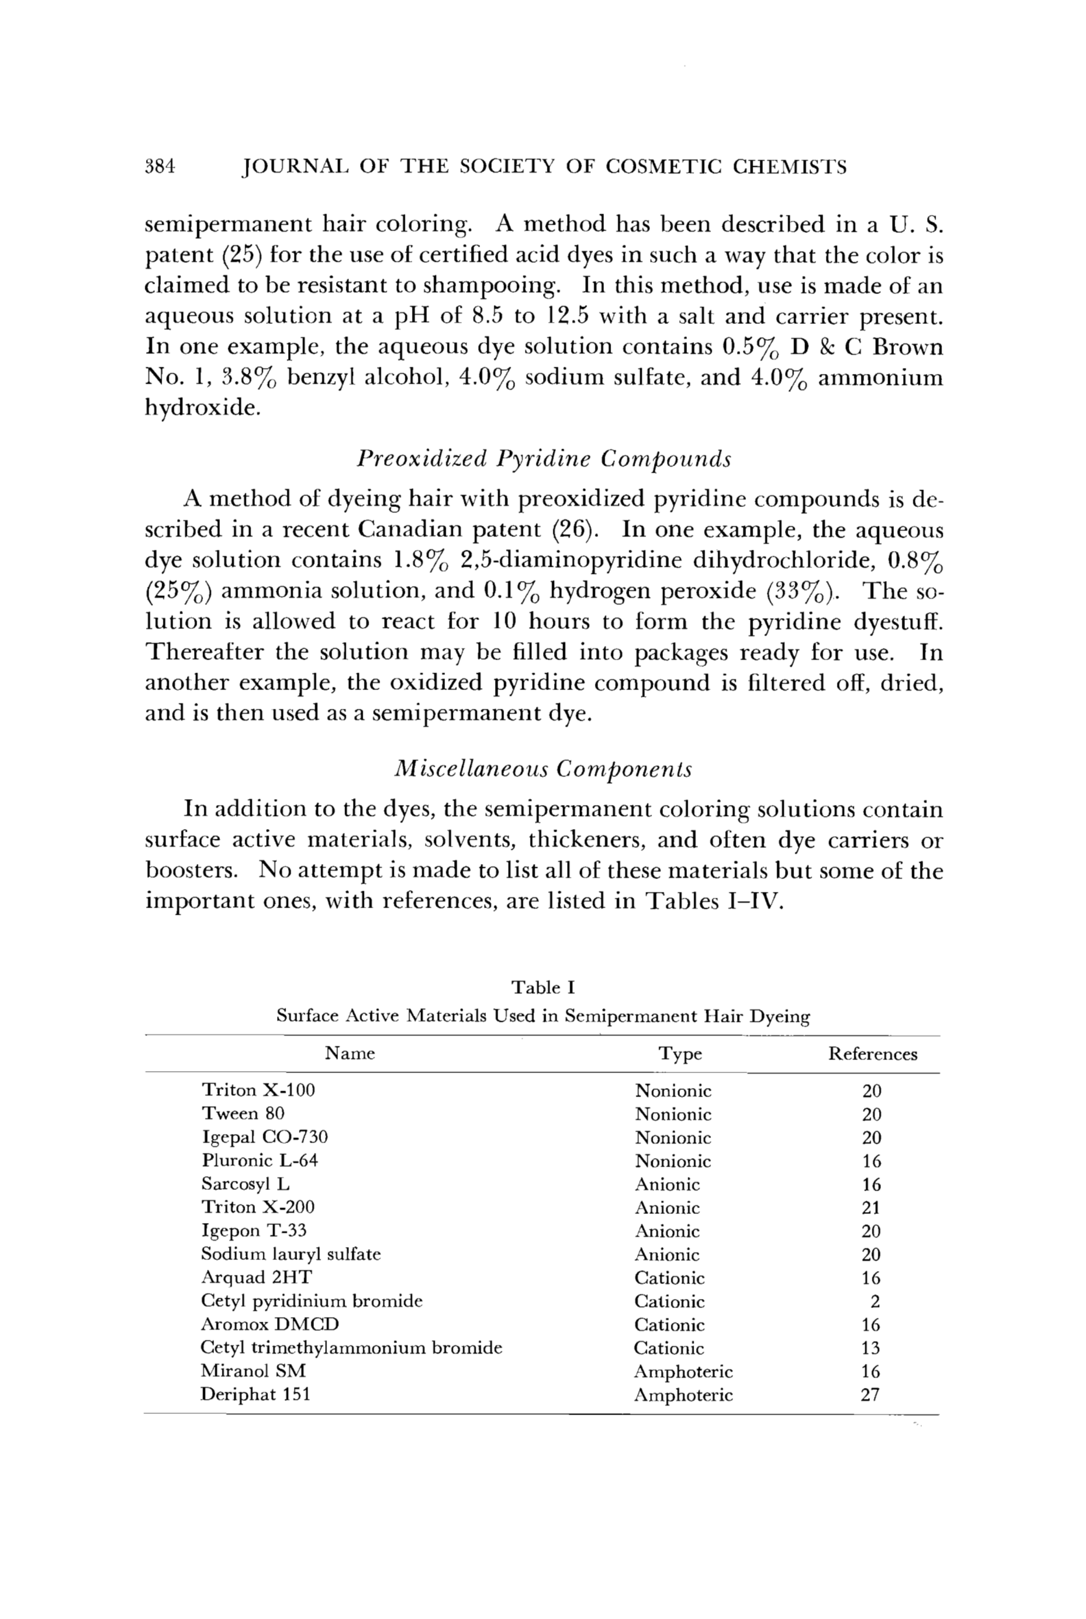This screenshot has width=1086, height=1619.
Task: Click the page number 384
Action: pyautogui.click(x=160, y=167)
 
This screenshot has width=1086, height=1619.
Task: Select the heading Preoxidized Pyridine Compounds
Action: pyautogui.click(x=544, y=459)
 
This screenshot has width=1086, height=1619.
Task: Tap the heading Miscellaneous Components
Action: pyautogui.click(x=544, y=769)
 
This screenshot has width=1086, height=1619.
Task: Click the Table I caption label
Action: pyautogui.click(x=544, y=987)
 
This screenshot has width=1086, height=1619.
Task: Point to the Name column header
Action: pyautogui.click(x=350, y=1054)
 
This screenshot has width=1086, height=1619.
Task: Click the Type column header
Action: pyautogui.click(x=680, y=1054)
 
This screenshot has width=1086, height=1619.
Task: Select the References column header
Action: pyautogui.click(x=873, y=1054)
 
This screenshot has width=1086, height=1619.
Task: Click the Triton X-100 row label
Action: pyautogui.click(x=258, y=1090)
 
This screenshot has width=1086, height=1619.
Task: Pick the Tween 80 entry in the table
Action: pyautogui.click(x=243, y=1114)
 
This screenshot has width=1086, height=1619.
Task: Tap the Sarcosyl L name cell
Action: pyautogui.click(x=246, y=1184)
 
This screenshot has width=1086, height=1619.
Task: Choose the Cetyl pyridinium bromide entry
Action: pyautogui.click(x=311, y=1301)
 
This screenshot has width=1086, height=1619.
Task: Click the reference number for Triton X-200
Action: pyautogui.click(x=871, y=1208)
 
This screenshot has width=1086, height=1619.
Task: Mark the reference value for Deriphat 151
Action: pyautogui.click(x=871, y=1395)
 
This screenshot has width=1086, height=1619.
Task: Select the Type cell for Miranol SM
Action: pyautogui.click(x=683, y=1372)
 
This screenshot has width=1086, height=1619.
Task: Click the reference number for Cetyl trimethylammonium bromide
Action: pyautogui.click(x=871, y=1348)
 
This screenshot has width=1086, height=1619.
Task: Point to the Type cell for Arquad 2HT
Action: pyautogui.click(x=670, y=1278)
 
